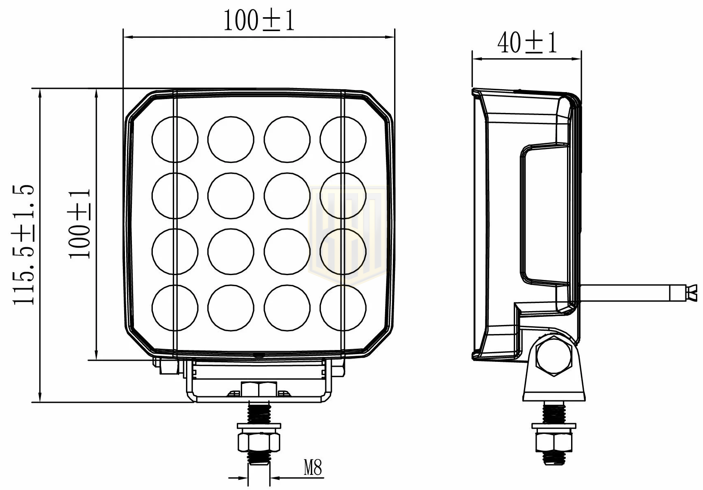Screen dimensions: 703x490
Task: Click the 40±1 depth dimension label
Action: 527,43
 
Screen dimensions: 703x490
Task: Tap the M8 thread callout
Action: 313,467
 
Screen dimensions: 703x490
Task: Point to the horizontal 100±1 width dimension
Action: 259,20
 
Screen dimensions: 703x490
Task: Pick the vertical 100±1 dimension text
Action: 79,224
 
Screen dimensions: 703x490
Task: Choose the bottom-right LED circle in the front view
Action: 343,308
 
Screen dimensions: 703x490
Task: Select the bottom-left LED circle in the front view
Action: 175,308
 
